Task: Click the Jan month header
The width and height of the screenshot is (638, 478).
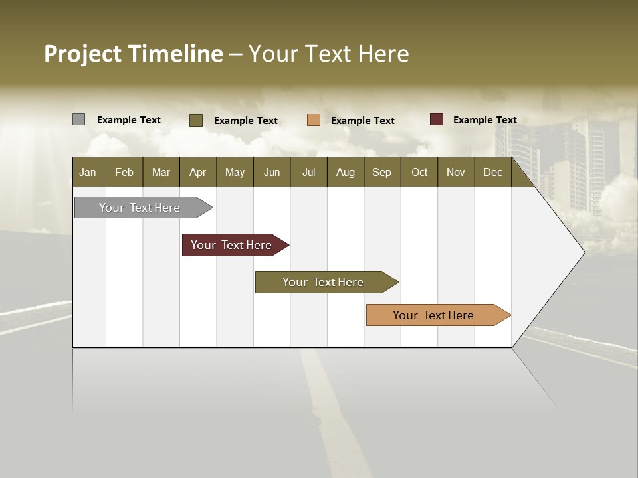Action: point(88,172)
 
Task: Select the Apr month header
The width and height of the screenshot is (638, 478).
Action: point(197,172)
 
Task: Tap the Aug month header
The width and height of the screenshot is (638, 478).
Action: point(345,172)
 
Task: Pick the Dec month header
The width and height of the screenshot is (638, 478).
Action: point(492,172)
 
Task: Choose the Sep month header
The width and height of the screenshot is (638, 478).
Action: point(381,172)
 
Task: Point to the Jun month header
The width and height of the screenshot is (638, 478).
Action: point(271,172)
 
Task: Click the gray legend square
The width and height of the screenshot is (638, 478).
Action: point(78,119)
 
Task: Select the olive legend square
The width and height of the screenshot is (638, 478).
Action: point(195,120)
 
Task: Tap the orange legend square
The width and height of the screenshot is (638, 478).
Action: point(313,120)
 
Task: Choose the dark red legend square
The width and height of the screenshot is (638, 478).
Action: point(436,119)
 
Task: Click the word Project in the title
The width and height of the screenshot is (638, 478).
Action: point(83,54)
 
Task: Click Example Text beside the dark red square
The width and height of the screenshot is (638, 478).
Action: point(484,119)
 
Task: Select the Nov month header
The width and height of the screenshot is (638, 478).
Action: point(455,172)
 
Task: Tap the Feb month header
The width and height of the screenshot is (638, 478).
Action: point(124,172)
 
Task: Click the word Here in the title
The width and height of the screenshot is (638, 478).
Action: point(383,54)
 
